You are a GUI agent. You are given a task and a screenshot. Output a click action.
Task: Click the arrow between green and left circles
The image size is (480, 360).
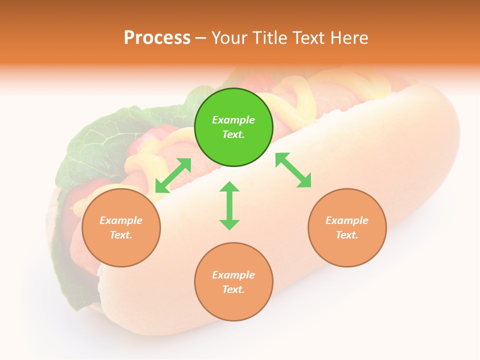coord(173,175)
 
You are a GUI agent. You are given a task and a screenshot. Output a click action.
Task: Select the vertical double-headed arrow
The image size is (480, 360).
coord(229,205)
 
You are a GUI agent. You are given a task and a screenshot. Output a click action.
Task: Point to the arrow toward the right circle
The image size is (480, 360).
coord(293,170)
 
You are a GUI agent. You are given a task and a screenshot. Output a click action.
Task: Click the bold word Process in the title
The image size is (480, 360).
coord(157,38)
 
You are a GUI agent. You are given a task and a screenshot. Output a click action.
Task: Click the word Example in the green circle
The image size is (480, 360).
coord(233,120)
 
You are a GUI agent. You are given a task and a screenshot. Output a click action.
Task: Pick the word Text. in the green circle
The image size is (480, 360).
coord(233,134)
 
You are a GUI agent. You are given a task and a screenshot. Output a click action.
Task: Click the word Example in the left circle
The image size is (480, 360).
coord(121,220)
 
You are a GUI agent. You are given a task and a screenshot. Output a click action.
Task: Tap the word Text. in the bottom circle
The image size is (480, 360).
coord(233,289)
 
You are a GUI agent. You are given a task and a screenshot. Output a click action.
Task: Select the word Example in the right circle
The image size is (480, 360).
coord(347,220)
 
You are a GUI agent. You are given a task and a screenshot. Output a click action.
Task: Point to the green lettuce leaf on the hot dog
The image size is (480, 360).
coord(95,145)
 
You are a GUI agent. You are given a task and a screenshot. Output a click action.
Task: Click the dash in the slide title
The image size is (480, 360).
coord(201,38)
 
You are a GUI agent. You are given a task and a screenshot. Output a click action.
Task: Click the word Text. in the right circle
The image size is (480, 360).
coord(347,235)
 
